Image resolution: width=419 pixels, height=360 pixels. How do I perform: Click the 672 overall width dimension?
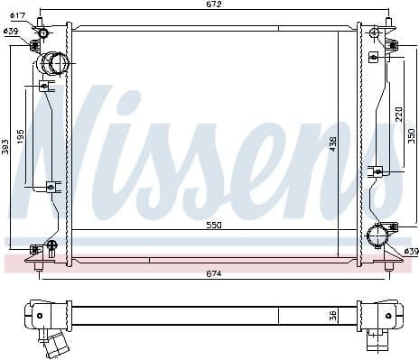click(213, 5)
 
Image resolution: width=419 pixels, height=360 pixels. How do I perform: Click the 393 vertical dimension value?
click(5, 145)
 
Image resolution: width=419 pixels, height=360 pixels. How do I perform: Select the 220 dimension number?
click(397, 114)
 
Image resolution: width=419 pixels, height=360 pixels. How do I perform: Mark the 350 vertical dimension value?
click(411, 135)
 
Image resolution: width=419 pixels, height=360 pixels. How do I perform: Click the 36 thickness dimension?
click(331, 316)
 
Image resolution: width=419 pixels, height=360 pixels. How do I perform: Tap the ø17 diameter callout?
click(17, 16)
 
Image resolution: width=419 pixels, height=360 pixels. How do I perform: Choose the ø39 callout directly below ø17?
click(11, 32)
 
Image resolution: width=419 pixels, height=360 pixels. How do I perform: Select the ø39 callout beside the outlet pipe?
click(410, 251)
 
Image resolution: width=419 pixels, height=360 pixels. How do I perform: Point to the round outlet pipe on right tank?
click(377, 238)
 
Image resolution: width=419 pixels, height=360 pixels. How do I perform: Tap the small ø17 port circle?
click(43, 33)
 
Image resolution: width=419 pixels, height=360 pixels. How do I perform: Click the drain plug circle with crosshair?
click(51, 245)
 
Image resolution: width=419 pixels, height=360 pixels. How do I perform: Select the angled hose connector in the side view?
click(57, 346)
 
